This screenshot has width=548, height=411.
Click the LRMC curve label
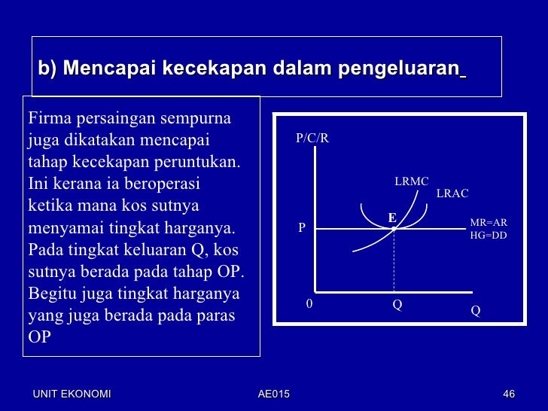(411, 181)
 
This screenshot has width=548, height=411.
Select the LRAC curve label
(452, 193)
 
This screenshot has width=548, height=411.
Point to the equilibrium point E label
(391, 218)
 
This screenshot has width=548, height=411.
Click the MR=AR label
(489, 223)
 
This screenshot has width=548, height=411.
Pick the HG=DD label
(489, 235)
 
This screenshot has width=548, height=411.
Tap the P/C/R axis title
(312, 139)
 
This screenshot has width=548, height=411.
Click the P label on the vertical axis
(302, 227)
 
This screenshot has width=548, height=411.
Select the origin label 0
(309, 304)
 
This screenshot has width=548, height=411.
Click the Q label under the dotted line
(397, 306)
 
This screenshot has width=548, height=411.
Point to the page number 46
(508, 394)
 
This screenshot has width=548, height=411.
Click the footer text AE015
(273, 394)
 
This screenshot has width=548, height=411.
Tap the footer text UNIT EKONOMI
(72, 394)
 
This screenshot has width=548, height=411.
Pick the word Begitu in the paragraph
(52, 294)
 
